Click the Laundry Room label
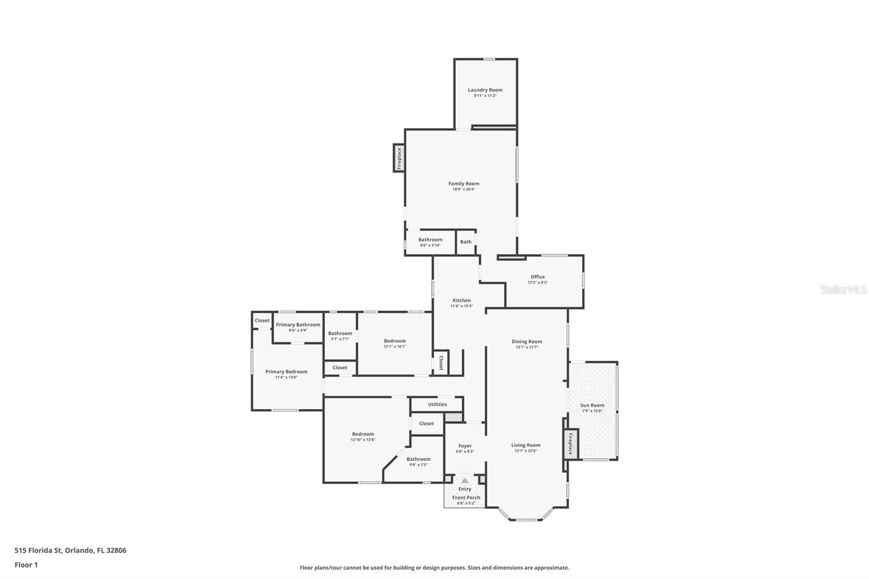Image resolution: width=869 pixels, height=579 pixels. click(x=485, y=90)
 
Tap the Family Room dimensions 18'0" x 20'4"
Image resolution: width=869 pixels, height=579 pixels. click(x=464, y=190)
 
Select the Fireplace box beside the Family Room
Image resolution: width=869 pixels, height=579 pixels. click(x=399, y=158)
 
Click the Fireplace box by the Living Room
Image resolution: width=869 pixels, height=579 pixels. click(x=570, y=444)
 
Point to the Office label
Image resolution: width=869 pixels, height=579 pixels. click(x=538, y=277)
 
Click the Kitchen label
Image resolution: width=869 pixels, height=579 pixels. click(x=462, y=300)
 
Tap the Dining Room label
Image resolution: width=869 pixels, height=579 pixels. click(x=527, y=342)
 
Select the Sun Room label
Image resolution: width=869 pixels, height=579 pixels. click(x=592, y=405)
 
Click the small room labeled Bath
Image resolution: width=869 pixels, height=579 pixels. click(x=466, y=242)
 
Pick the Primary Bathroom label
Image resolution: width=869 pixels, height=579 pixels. click(x=298, y=325)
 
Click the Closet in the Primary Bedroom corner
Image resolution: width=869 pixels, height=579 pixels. click(x=262, y=320)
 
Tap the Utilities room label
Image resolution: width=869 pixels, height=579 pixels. click(x=437, y=404)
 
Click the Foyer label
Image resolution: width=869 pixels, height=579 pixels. click(x=465, y=446)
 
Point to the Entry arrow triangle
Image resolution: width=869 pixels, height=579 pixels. click(x=465, y=480)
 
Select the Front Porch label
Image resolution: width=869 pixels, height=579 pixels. click(x=466, y=498)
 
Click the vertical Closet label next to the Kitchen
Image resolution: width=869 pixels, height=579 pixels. click(x=441, y=363)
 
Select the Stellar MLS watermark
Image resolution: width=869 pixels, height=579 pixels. click(x=843, y=290)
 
